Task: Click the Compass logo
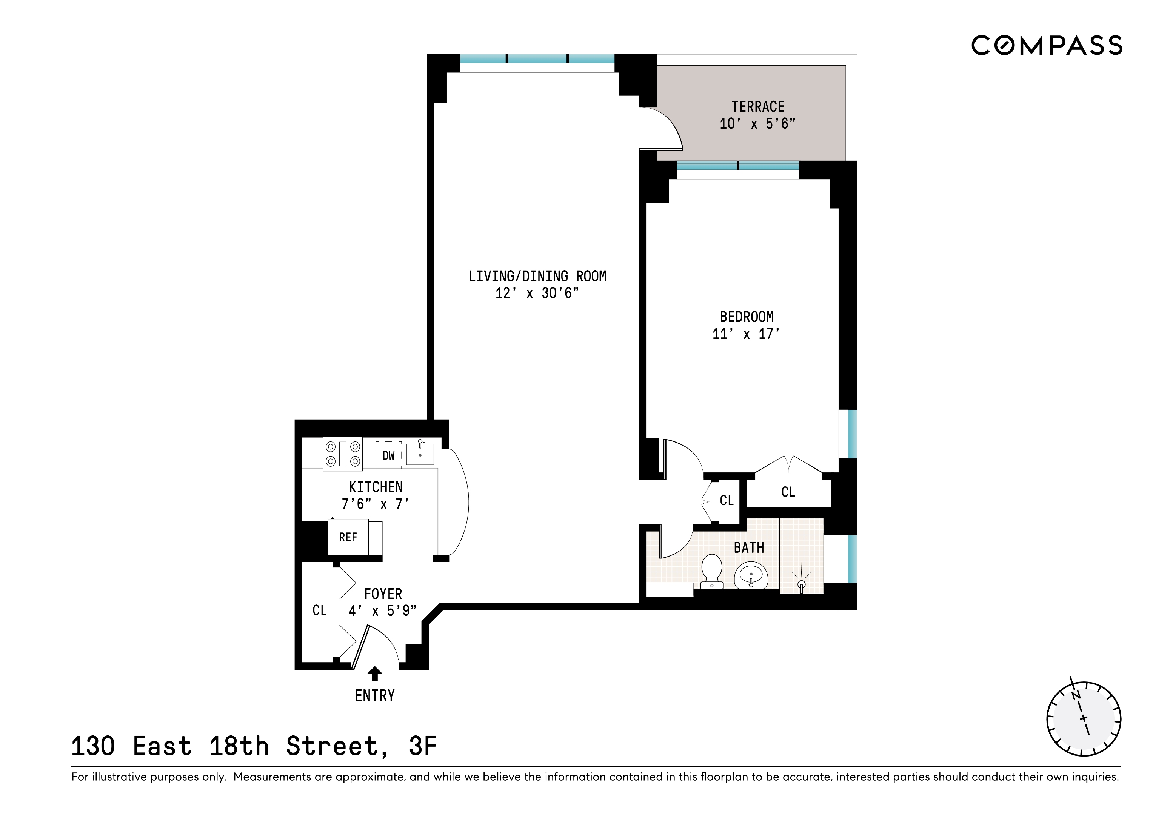point(1047,45)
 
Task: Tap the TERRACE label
point(757,106)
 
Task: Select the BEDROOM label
point(746,317)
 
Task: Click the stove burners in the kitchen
point(342,454)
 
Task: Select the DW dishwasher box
point(389,455)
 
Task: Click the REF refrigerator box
point(348,537)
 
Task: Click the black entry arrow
point(375,673)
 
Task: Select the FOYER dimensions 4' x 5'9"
point(383,610)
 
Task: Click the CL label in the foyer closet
point(319,610)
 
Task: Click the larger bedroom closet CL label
point(788,492)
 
